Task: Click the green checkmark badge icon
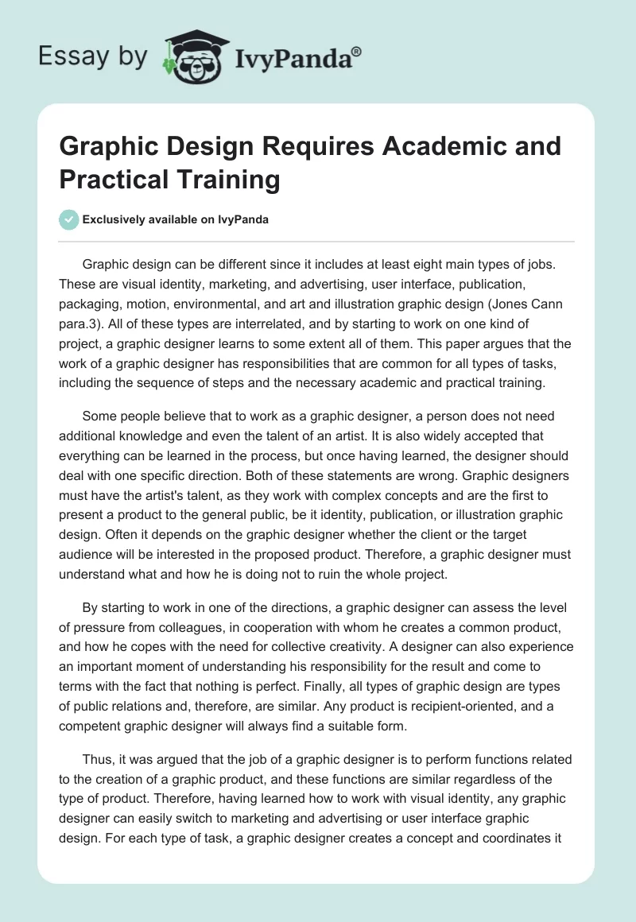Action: tap(68, 219)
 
